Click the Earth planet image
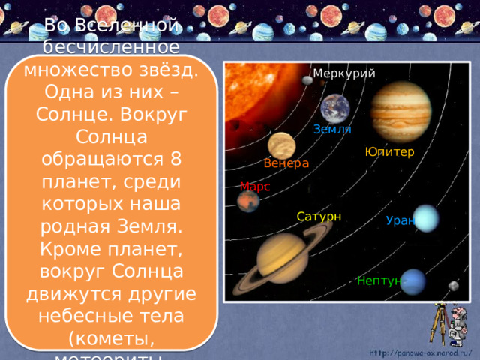(335, 109)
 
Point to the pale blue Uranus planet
(425, 218)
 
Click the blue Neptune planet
(412, 281)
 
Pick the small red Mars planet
(248, 201)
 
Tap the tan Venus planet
(281, 145)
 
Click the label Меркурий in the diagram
(344, 73)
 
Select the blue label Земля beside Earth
(332, 130)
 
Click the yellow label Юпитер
(389, 152)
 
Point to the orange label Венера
(286, 164)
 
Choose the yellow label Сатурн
(319, 217)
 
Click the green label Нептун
(379, 281)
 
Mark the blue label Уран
(400, 220)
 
